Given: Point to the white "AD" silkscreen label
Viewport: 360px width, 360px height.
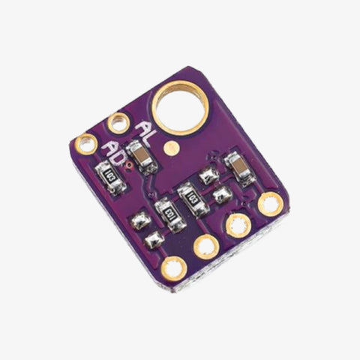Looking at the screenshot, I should coord(118,152).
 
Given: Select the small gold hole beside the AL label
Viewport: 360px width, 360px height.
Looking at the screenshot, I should coord(118,122).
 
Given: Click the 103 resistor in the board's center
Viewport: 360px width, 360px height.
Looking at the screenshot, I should coord(193,198).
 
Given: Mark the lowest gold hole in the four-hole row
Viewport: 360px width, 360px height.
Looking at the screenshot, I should coord(173,265).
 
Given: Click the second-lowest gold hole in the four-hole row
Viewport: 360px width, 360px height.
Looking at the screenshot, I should coord(205,245).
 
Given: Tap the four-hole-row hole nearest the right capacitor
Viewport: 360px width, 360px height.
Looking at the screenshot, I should coord(269,202).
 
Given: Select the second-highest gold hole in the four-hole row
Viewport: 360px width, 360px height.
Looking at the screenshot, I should coord(238,224).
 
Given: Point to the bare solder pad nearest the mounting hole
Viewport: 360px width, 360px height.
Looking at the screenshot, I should coord(208,176).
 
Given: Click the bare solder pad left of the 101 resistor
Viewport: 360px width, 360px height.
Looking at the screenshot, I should coord(139,222).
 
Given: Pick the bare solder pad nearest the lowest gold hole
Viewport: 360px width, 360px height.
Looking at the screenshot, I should coord(154,241).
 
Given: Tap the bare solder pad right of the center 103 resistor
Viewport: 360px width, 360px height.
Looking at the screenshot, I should coord(220,196).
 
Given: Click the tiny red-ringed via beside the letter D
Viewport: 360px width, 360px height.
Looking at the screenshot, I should coord(128,160).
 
